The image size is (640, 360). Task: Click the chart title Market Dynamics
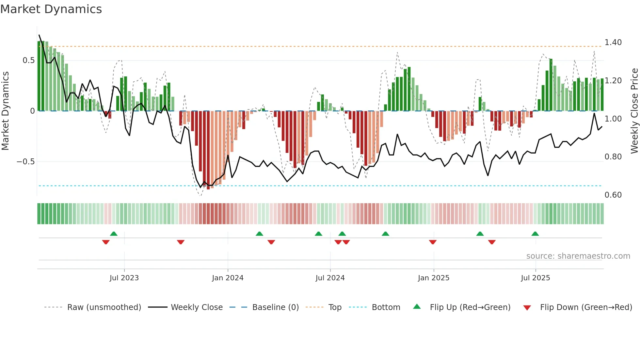pyautogui.click(x=51, y=9)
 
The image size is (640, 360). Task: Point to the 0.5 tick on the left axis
pyautogui.click(x=28, y=60)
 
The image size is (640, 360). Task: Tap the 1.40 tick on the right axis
pyautogui.click(x=613, y=42)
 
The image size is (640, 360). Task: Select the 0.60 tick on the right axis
pyautogui.click(x=613, y=195)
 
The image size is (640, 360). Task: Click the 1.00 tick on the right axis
pyautogui.click(x=613, y=119)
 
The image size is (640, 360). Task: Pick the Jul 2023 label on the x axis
pyautogui.click(x=124, y=278)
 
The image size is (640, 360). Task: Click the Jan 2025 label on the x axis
pyautogui.click(x=433, y=278)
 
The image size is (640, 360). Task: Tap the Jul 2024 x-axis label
pyautogui.click(x=330, y=278)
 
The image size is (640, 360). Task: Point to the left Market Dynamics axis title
pyautogui.click(x=5, y=111)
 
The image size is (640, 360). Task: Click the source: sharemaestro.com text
pyautogui.click(x=578, y=256)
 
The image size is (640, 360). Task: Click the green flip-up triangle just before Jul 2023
pyautogui.click(x=114, y=234)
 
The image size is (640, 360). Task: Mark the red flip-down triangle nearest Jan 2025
pyautogui.click(x=433, y=242)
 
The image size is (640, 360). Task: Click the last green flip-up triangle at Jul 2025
pyautogui.click(x=535, y=234)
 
